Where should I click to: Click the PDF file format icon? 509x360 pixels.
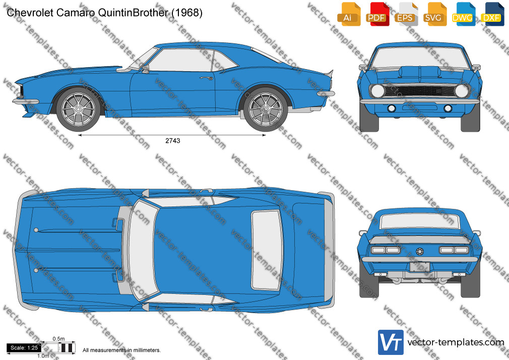tap(377, 14)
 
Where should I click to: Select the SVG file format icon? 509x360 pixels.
tap(434, 14)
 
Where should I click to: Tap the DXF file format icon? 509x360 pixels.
tap(492, 14)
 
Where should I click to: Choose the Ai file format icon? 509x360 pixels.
tap(349, 14)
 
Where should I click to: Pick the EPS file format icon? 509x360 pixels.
tap(406, 14)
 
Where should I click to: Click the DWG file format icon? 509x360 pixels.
tap(464, 14)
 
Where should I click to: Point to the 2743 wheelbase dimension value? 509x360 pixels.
tap(173, 141)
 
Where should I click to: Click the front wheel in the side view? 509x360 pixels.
tap(78, 109)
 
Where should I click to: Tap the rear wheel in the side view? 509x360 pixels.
tap(266, 109)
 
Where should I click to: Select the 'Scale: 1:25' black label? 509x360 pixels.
tap(24, 348)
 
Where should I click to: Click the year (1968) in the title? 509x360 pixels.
tap(187, 13)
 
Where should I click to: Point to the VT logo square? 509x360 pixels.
tap(391, 342)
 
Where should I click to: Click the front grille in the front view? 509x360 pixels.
tap(420, 90)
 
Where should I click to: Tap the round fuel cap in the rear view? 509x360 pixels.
tap(420, 252)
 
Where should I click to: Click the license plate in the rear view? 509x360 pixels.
tap(420, 267)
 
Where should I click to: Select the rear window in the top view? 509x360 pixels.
tap(267, 250)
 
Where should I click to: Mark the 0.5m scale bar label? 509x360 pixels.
tap(59, 339)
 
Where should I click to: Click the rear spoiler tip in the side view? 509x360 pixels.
tap(332, 71)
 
